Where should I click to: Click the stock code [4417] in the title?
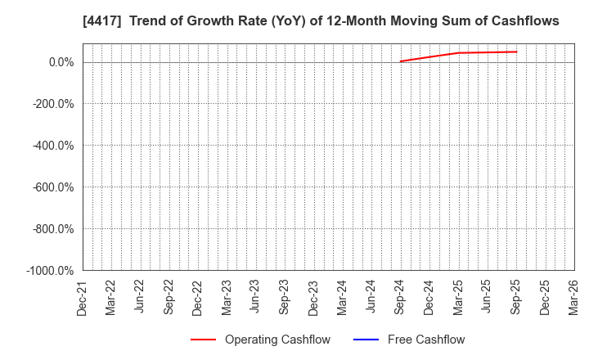pos(49,21)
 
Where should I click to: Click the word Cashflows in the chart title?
pos(523,21)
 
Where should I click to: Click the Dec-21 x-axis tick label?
pos(82,297)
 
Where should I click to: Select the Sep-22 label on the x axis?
pos(169,297)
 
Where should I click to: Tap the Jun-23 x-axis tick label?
pos(255,297)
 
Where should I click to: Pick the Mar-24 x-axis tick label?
pos(342,297)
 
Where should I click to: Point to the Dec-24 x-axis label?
pos(429,297)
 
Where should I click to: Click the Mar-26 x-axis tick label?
pos(573,297)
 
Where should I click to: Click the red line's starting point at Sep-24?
pos(400,61)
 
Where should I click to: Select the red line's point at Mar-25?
pos(458,53)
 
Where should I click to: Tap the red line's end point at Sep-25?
pos(516,52)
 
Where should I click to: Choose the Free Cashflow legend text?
pos(425,340)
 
